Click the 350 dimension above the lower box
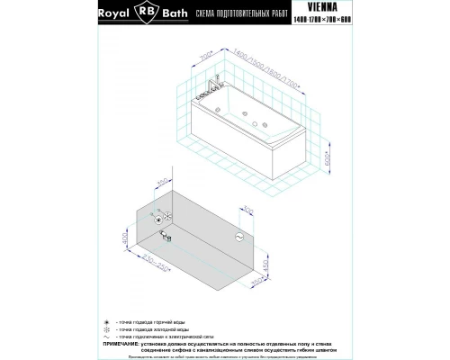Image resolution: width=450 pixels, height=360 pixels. [162, 184]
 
